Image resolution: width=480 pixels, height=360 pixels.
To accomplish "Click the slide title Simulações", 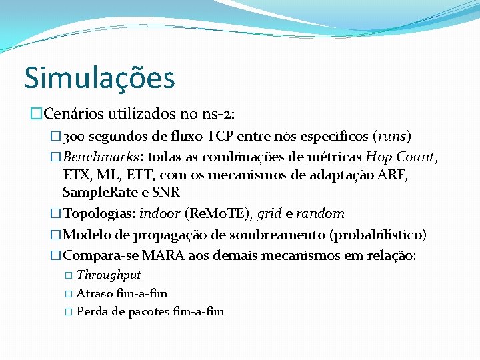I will (x=99, y=78).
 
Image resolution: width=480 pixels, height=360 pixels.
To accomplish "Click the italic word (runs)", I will (x=393, y=137).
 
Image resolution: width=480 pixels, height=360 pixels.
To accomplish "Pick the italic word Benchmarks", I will (x=102, y=157).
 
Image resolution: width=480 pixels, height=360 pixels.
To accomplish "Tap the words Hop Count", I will (x=408, y=157).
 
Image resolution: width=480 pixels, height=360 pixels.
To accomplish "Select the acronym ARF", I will (x=393, y=175).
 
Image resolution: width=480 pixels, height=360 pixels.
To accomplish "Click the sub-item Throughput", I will (x=109, y=275).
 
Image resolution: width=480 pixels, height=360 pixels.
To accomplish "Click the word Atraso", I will (x=94, y=293).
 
